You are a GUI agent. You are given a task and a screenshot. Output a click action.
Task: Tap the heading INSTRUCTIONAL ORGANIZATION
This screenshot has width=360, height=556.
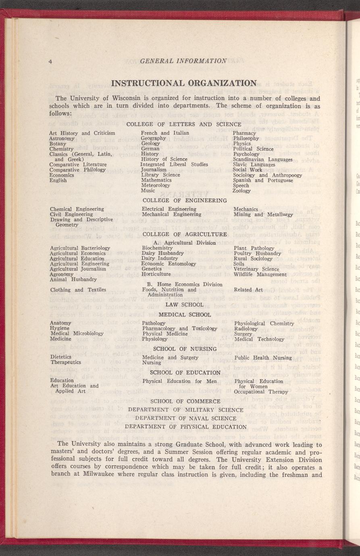click(x=183, y=83)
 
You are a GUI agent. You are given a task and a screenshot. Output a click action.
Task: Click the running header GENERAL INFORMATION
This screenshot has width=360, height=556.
click(x=183, y=61)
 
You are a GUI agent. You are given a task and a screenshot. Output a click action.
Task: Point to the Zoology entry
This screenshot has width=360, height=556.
click(x=241, y=191)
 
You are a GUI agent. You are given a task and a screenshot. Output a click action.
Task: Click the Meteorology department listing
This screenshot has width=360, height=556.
click(x=156, y=185)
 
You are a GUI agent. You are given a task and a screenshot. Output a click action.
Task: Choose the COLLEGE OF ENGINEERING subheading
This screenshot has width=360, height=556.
click(x=185, y=200)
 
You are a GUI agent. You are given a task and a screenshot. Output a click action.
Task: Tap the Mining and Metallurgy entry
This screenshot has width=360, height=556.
click(x=263, y=215)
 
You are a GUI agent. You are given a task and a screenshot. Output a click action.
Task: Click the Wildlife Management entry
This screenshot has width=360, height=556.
click(x=260, y=274)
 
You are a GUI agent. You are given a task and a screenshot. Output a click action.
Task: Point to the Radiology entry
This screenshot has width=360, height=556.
click(x=246, y=329)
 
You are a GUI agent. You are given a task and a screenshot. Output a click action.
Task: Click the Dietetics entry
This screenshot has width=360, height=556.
click(x=61, y=357)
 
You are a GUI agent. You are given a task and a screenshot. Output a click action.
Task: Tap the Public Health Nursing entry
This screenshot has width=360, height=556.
click(x=262, y=358)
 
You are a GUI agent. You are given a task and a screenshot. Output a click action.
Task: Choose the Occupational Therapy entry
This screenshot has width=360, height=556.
click(x=261, y=392)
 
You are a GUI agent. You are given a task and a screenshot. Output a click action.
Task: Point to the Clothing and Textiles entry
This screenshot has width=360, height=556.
click(x=78, y=290)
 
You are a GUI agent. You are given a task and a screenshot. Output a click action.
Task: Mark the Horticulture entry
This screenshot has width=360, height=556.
click(x=157, y=274)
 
